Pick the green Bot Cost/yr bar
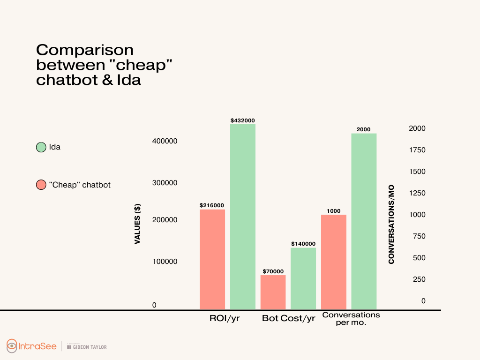click(x=303, y=278)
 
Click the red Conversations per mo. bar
click(x=334, y=262)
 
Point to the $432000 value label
click(x=243, y=120)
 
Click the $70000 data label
click(x=273, y=271)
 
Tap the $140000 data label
click(x=303, y=244)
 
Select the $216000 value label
click(x=212, y=205)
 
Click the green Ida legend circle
click(x=41, y=147)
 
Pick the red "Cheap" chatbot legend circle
click(x=41, y=185)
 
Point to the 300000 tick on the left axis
click(x=165, y=183)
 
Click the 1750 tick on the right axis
click(x=417, y=150)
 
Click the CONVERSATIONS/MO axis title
click(x=391, y=224)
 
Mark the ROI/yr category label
click(x=225, y=319)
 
